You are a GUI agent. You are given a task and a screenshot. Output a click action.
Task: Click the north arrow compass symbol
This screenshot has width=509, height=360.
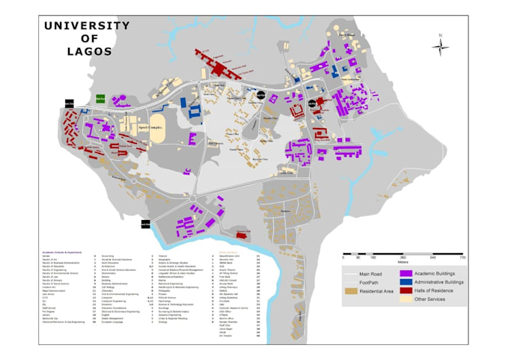click(442, 46)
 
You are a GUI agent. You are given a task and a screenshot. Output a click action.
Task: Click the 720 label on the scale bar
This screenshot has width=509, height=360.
click(463, 257)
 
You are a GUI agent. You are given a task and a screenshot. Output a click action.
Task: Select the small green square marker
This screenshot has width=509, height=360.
click(101, 98)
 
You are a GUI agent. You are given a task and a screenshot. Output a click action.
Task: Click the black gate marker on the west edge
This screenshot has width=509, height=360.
click(70, 103)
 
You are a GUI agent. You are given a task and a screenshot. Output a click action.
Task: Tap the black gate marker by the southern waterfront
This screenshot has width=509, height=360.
click(144, 223)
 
